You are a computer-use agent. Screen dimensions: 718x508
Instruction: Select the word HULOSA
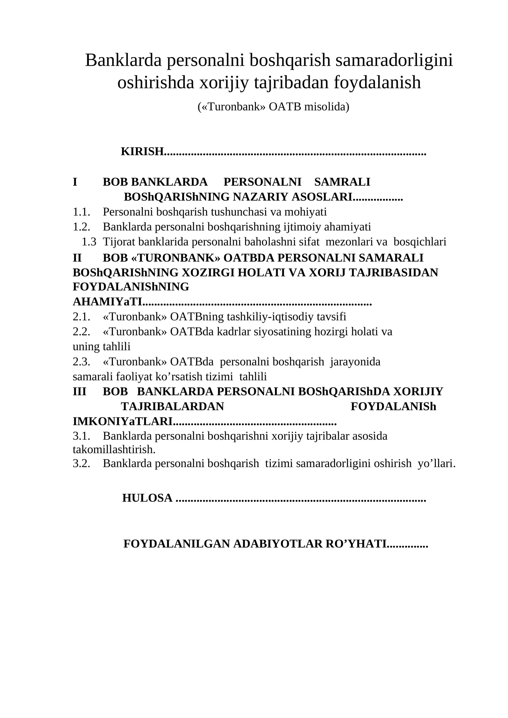(x=147, y=498)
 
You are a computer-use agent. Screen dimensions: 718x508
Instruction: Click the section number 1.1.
(x=81, y=211)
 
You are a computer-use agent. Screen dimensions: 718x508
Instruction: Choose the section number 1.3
(x=89, y=242)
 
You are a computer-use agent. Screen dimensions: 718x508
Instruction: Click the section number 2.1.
(x=81, y=316)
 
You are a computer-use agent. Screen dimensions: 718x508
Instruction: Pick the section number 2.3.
(x=81, y=362)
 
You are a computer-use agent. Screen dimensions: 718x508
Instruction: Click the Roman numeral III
(x=79, y=391)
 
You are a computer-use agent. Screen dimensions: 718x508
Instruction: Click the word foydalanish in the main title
(x=377, y=82)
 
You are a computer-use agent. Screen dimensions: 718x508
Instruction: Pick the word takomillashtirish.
(x=114, y=449)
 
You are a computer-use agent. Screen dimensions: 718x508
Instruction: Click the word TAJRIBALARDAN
(x=172, y=407)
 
